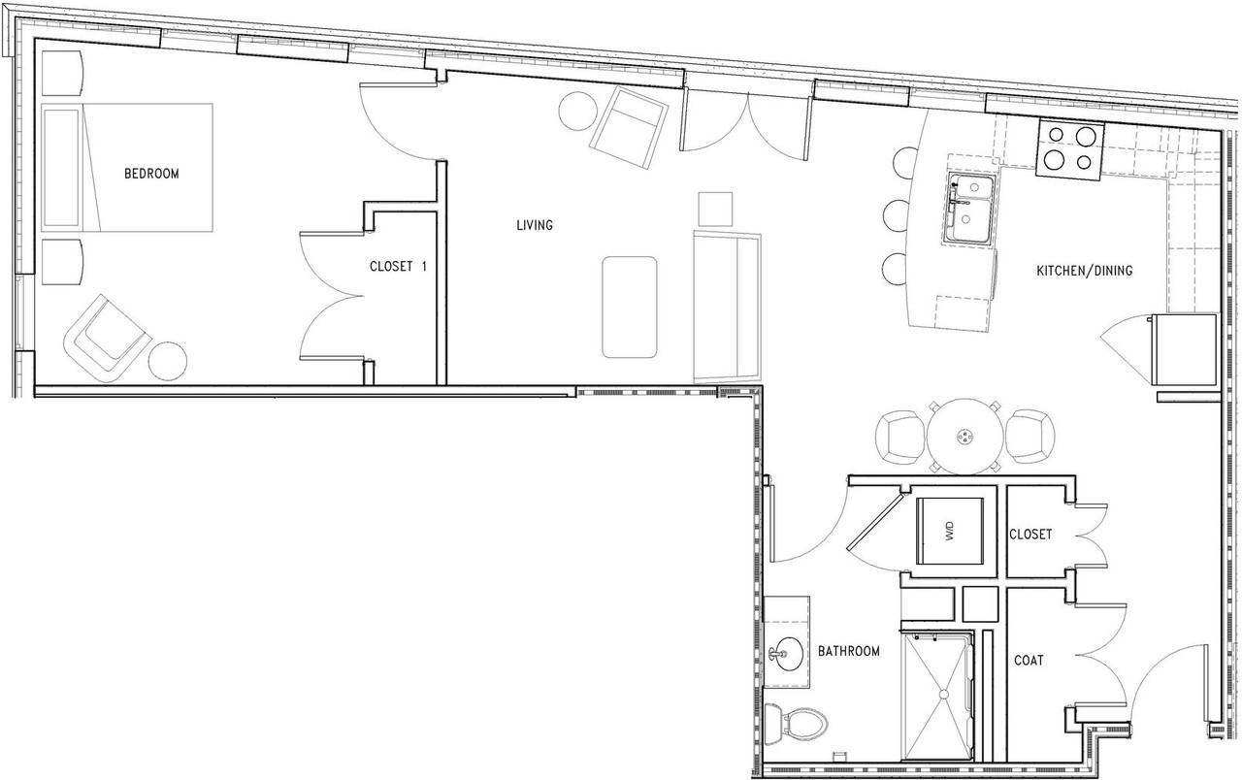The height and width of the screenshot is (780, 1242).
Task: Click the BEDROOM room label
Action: coord(151,174)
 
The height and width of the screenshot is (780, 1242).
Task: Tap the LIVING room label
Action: coord(535,225)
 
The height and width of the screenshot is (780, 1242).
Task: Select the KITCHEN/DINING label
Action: coord(1084,271)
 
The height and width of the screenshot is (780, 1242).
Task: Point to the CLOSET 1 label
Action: coord(398,266)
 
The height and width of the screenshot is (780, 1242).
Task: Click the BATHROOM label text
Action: coord(848,651)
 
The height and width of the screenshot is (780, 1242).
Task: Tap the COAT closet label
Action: coord(1029,660)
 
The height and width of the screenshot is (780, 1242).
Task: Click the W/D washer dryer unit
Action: coord(952,531)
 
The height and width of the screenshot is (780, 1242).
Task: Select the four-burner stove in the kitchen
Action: coord(1069,150)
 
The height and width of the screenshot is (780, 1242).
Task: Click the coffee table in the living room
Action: coord(629,307)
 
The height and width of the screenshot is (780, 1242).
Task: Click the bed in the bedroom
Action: coord(128,168)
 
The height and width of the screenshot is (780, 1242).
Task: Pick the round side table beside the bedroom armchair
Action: coord(168,361)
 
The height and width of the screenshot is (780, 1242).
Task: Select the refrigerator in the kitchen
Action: coord(1185,347)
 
